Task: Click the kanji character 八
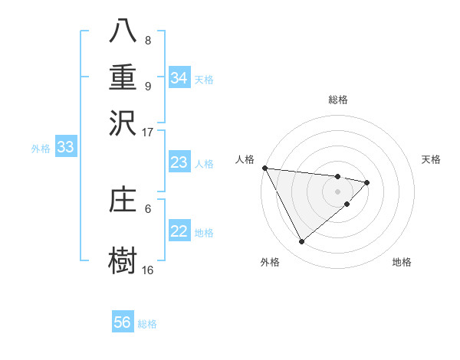(123, 31)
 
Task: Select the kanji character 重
(123, 77)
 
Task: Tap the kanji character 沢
(123, 123)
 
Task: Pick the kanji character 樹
(123, 260)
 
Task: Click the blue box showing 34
(179, 78)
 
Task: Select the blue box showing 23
(179, 162)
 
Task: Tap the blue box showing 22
(179, 231)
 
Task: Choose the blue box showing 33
(65, 148)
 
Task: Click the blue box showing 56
(123, 322)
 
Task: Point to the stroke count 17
(147, 132)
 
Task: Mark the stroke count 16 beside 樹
(147, 270)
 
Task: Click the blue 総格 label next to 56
(147, 324)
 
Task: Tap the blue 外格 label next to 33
(41, 149)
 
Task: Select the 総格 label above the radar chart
(338, 100)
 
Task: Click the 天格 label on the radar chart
(432, 159)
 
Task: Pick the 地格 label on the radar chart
(402, 262)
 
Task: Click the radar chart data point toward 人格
(264, 168)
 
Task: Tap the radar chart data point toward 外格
(301, 242)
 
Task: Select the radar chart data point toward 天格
(367, 182)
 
